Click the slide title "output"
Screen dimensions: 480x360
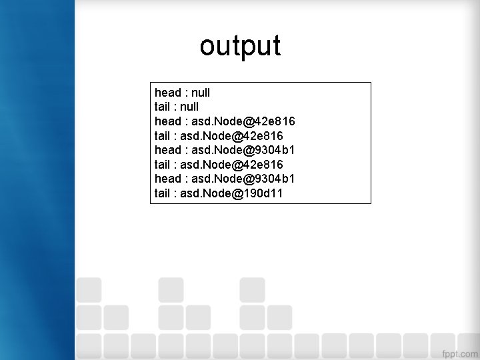tap(240, 46)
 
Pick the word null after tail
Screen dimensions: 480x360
tap(189, 107)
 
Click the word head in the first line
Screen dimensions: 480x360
tap(167, 92)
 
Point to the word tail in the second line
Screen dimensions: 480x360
tap(162, 107)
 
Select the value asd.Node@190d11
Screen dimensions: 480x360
tap(233, 193)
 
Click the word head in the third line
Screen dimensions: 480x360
tap(167, 121)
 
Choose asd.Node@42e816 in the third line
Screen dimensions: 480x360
tap(243, 121)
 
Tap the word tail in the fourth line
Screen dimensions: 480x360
tap(162, 135)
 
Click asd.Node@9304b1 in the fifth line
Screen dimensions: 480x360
tap(243, 150)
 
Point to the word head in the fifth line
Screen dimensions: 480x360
tap(167, 150)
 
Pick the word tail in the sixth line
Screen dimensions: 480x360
tap(162, 164)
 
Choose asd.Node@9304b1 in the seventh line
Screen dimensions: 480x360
tap(243, 179)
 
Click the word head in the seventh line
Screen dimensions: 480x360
tap(167, 179)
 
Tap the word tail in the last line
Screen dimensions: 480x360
tap(162, 193)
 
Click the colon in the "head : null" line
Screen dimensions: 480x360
tap(185, 93)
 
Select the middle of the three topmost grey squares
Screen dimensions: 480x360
tap(171, 290)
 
